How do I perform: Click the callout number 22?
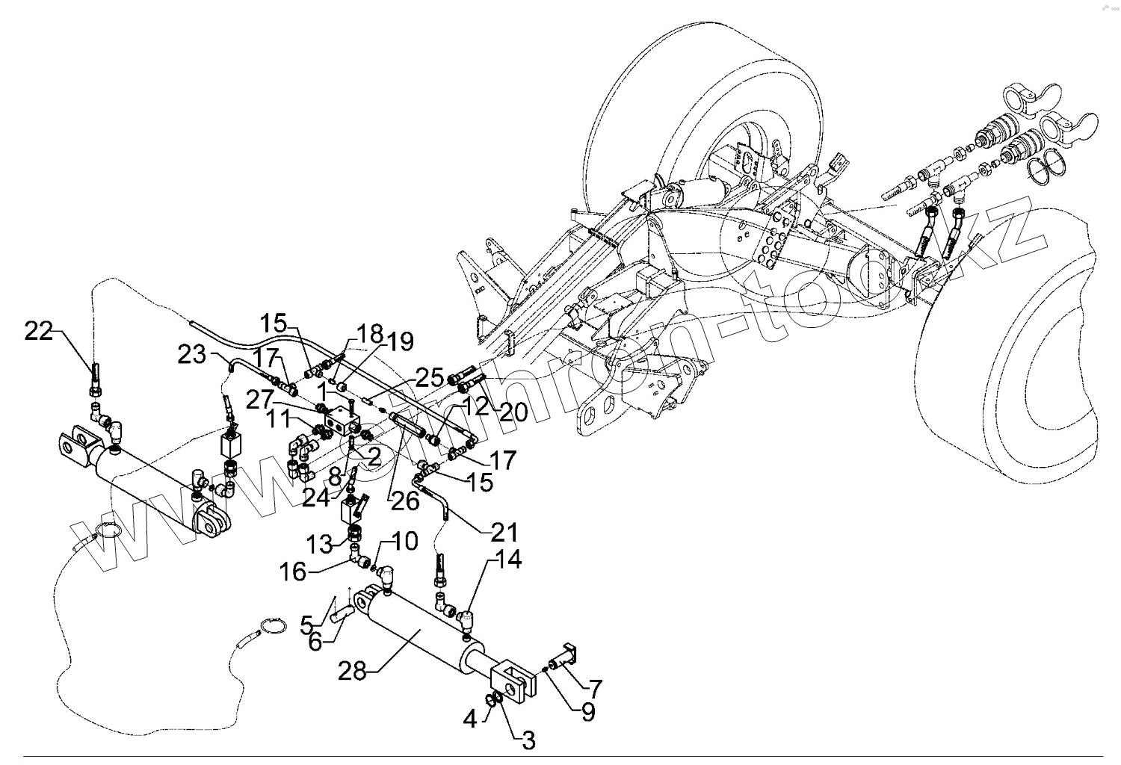pos(39,331)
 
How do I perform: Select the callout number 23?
pos(192,355)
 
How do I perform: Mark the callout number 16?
pos(293,572)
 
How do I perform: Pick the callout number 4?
pos(470,720)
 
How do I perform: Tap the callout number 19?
pos(401,343)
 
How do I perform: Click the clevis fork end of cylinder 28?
pos(513,676)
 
